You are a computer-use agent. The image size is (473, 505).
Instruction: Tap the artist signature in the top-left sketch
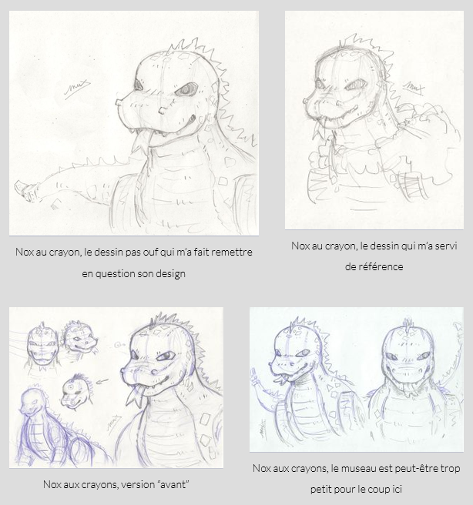77,89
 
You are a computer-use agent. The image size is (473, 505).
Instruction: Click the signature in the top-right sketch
414,87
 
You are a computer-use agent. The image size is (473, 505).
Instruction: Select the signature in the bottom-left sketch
114,423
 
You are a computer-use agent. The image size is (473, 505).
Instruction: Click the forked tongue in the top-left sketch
140,144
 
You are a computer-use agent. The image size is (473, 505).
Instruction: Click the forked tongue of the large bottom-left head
135,396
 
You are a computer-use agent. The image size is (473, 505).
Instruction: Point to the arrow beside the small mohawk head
102,382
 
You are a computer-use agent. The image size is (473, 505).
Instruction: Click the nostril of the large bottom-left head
154,373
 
